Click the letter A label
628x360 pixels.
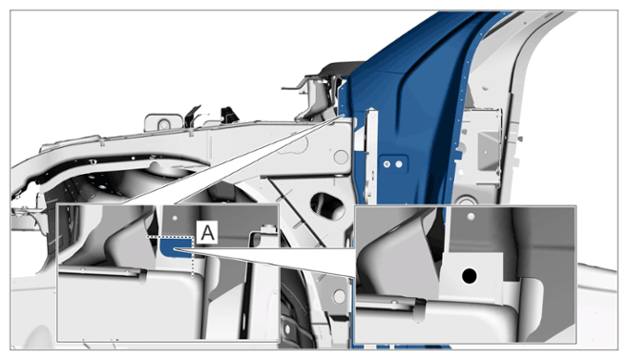pyautogui.click(x=207, y=232)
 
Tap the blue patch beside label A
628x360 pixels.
pyautogui.click(x=175, y=247)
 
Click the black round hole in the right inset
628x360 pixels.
pyautogui.click(x=469, y=276)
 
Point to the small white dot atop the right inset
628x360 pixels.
pyautogui.click(x=471, y=217)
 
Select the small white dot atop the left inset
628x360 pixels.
pyautogui.click(x=175, y=219)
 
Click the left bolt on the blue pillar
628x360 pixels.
pyautogui.click(x=387, y=164)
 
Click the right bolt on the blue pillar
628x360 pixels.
pyautogui.click(x=399, y=164)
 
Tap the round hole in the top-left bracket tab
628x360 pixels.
pyautogui.click(x=163, y=125)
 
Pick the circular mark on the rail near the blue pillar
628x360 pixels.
pyautogui.click(x=341, y=157)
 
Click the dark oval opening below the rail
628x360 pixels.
pyautogui.click(x=327, y=205)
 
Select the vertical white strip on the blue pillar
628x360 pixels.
pyautogui.click(x=371, y=157)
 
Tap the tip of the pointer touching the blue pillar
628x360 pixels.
pyautogui.click(x=345, y=115)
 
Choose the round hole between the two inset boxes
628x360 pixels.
pyautogui.click(x=339, y=297)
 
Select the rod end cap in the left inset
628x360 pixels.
pyautogui.click(x=142, y=277)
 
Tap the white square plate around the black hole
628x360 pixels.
pyautogui.click(x=471, y=276)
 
